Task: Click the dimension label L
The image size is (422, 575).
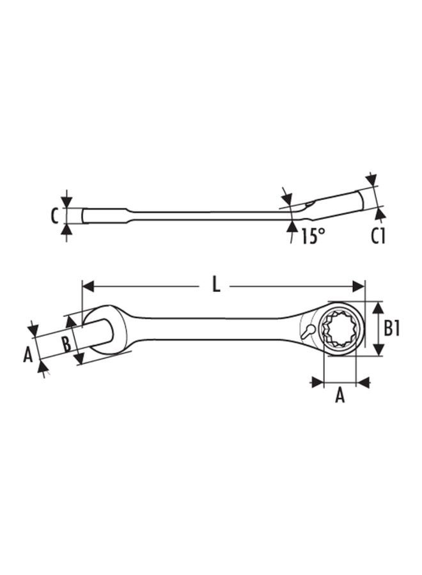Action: [x=216, y=286]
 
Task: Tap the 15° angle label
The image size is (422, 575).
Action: [x=312, y=236]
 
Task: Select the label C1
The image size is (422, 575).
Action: [x=378, y=236]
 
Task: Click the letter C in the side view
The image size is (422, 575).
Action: [x=54, y=216]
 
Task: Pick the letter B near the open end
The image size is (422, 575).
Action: [x=66, y=344]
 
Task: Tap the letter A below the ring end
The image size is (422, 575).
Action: [x=340, y=396]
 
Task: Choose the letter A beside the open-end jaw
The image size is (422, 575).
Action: [x=27, y=353]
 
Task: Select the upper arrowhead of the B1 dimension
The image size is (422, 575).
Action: [x=378, y=307]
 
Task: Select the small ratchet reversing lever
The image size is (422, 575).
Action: [x=307, y=332]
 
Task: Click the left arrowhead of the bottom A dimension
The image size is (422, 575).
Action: [x=316, y=382]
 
